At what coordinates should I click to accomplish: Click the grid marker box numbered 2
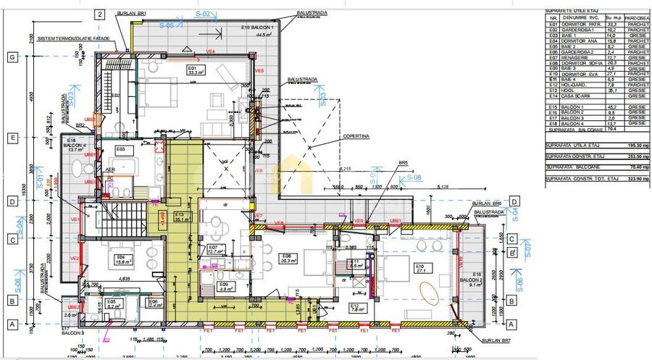(x=101, y=14)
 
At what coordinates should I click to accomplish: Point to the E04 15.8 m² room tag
(x=121, y=259)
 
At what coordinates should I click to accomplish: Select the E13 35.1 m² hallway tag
(x=178, y=218)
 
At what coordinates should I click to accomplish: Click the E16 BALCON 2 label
(x=475, y=280)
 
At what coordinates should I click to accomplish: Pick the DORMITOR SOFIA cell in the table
(x=585, y=63)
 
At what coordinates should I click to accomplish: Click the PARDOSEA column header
(x=638, y=19)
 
